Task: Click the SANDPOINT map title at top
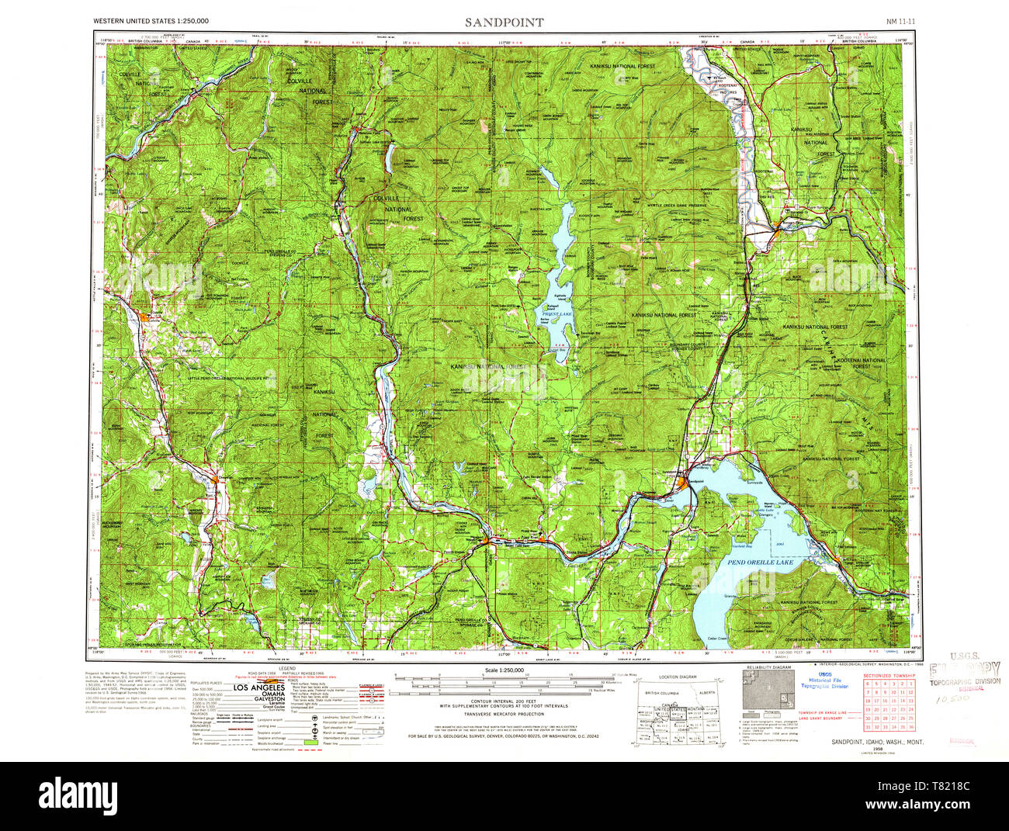(x=504, y=23)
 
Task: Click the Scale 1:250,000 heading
(x=504, y=670)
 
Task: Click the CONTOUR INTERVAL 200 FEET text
(x=504, y=701)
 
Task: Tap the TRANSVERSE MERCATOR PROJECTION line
(x=504, y=715)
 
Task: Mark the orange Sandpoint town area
(x=682, y=484)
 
